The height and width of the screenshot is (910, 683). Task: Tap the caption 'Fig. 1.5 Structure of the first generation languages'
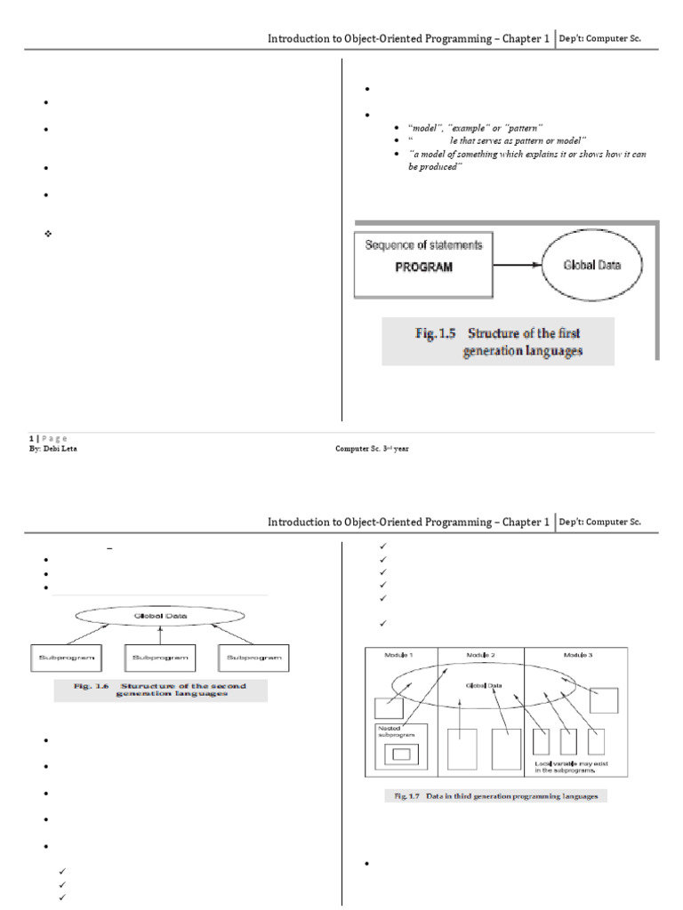[498, 343]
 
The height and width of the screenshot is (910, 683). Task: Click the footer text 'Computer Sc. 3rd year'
[372, 449]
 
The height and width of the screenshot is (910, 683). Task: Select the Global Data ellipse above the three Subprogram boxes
[159, 614]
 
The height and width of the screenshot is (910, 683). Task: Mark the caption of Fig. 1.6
[161, 690]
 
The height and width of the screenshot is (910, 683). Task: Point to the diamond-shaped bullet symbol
[49, 233]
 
